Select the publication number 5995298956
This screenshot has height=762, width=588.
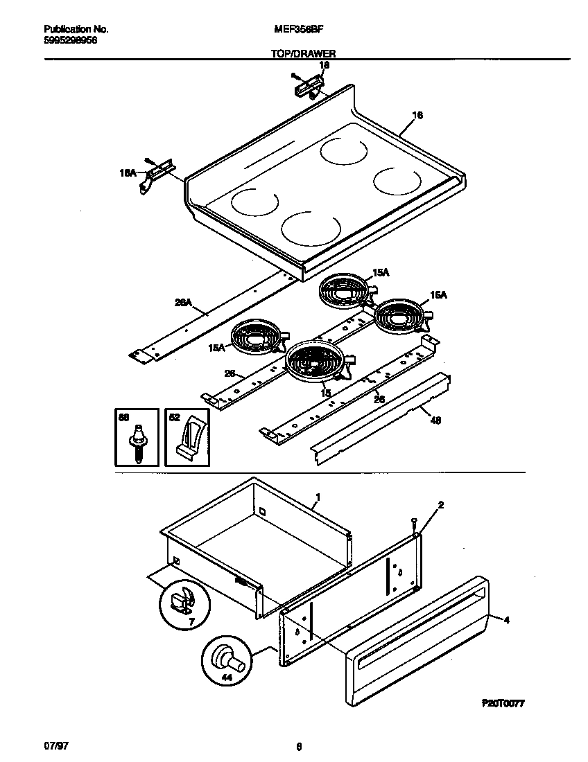tap(70, 41)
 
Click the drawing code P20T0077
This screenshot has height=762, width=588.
tap(503, 702)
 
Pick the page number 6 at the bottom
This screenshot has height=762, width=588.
tap(299, 747)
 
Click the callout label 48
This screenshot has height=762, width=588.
tap(435, 420)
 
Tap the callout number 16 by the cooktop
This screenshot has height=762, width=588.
tap(417, 115)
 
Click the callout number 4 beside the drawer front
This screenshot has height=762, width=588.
tap(507, 620)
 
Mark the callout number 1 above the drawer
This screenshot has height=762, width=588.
tap(318, 497)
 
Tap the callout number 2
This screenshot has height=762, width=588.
tap(440, 505)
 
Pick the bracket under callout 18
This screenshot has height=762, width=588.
tap(308, 85)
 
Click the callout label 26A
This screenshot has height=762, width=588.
tap(182, 303)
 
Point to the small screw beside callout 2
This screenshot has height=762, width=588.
tap(414, 523)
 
